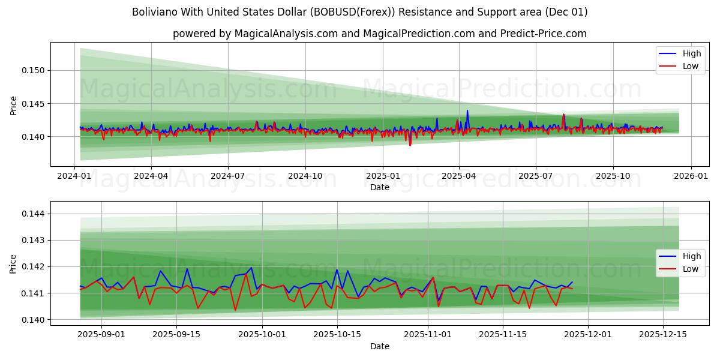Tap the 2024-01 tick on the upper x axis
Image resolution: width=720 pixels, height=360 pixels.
pyautogui.click(x=74, y=176)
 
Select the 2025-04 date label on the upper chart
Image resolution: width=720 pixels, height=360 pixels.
pyautogui.click(x=458, y=176)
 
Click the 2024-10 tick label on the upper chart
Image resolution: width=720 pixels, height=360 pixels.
pyautogui.click(x=305, y=176)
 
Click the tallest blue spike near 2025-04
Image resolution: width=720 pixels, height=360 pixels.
pyautogui.click(x=467, y=110)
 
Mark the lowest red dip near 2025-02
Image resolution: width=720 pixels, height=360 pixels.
pyautogui.click(x=410, y=145)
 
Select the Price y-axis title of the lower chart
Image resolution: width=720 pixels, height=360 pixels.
pyautogui.click(x=14, y=263)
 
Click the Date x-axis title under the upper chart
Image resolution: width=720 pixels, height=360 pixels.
pyautogui.click(x=379, y=187)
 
